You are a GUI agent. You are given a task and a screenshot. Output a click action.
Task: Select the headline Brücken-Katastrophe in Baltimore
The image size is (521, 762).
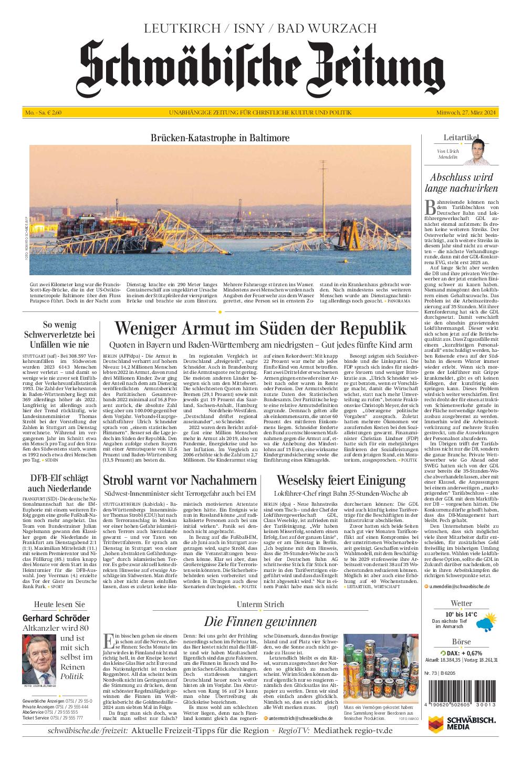220,138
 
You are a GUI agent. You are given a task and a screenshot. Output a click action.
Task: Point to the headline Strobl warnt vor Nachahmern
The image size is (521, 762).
180,480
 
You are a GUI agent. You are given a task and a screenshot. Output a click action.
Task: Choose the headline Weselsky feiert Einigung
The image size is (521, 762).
341,480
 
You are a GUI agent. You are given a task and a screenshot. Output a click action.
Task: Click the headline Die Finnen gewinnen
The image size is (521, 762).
260,622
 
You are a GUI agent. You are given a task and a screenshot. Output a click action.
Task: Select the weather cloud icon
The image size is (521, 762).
483,623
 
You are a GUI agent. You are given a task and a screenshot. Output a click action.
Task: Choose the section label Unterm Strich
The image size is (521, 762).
260,604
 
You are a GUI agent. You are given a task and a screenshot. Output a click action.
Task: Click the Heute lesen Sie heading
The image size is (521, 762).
59,604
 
